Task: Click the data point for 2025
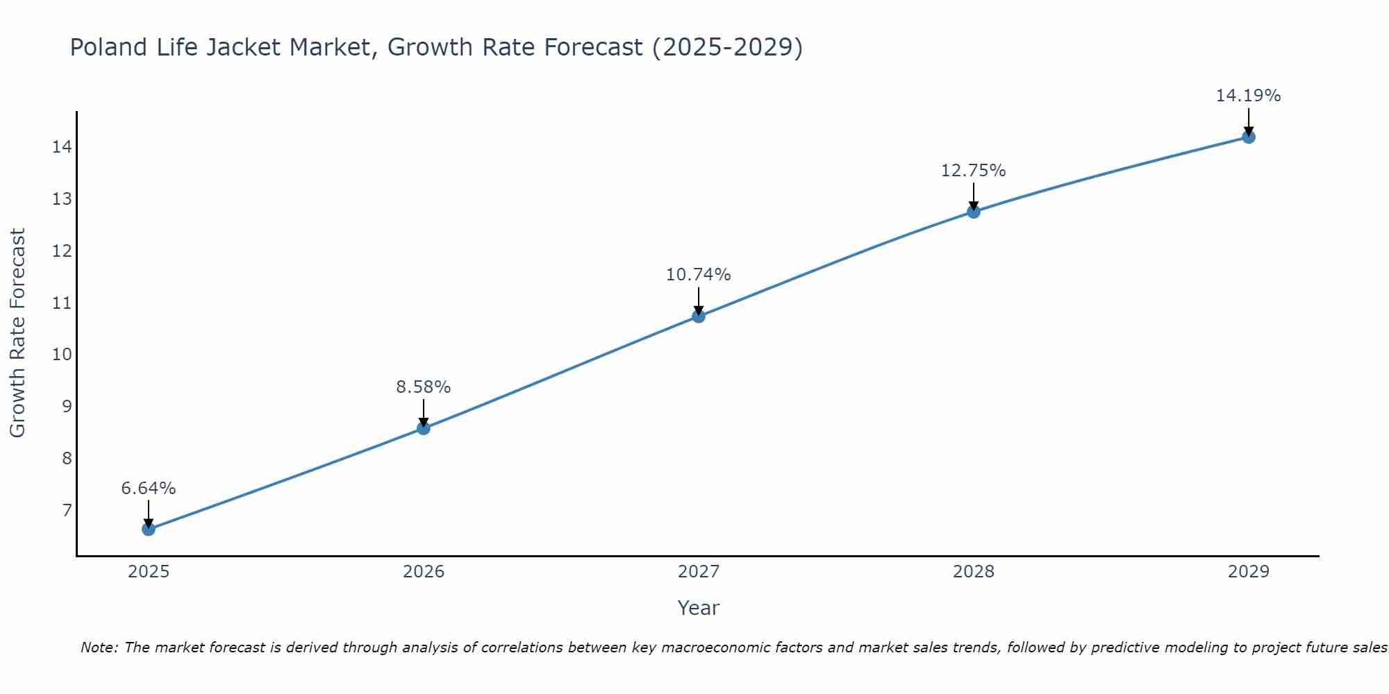point(149,529)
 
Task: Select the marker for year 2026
point(424,428)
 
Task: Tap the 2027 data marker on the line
point(699,316)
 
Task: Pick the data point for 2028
point(974,212)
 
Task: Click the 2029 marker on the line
point(1248,137)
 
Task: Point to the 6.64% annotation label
point(149,489)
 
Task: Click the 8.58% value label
point(424,387)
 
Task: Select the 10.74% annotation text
point(699,275)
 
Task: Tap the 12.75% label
point(974,171)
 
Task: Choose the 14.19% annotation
point(1248,96)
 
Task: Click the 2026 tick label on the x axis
point(424,572)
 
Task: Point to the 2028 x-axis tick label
point(974,572)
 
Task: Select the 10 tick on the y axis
point(63,355)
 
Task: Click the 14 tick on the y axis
point(63,147)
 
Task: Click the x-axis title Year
point(699,608)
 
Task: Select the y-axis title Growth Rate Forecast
point(18,333)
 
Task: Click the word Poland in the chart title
point(108,48)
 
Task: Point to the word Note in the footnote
point(99,648)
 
